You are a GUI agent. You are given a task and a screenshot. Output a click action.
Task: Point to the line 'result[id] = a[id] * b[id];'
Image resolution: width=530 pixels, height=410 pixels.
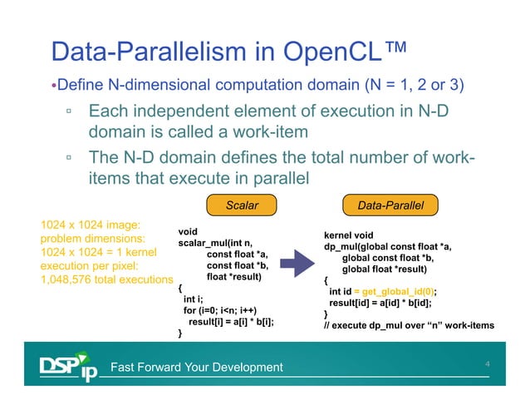(x=381, y=303)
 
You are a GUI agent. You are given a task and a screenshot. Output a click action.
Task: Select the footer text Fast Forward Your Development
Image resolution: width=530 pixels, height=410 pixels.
(x=197, y=368)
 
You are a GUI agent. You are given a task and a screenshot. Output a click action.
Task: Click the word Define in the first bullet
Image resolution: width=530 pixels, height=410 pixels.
(x=80, y=86)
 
